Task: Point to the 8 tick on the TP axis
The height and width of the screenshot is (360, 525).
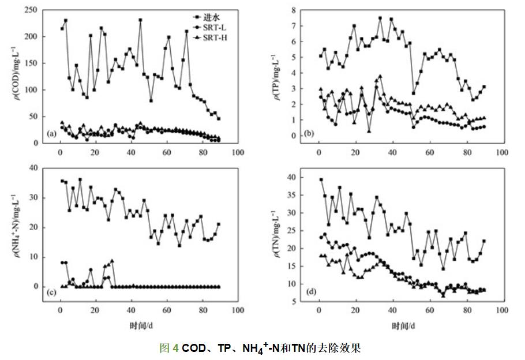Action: (300, 10)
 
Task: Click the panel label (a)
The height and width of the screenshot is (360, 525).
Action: (51, 134)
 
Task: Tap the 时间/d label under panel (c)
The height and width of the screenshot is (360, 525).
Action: (141, 326)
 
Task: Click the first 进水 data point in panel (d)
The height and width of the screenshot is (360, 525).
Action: (321, 179)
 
